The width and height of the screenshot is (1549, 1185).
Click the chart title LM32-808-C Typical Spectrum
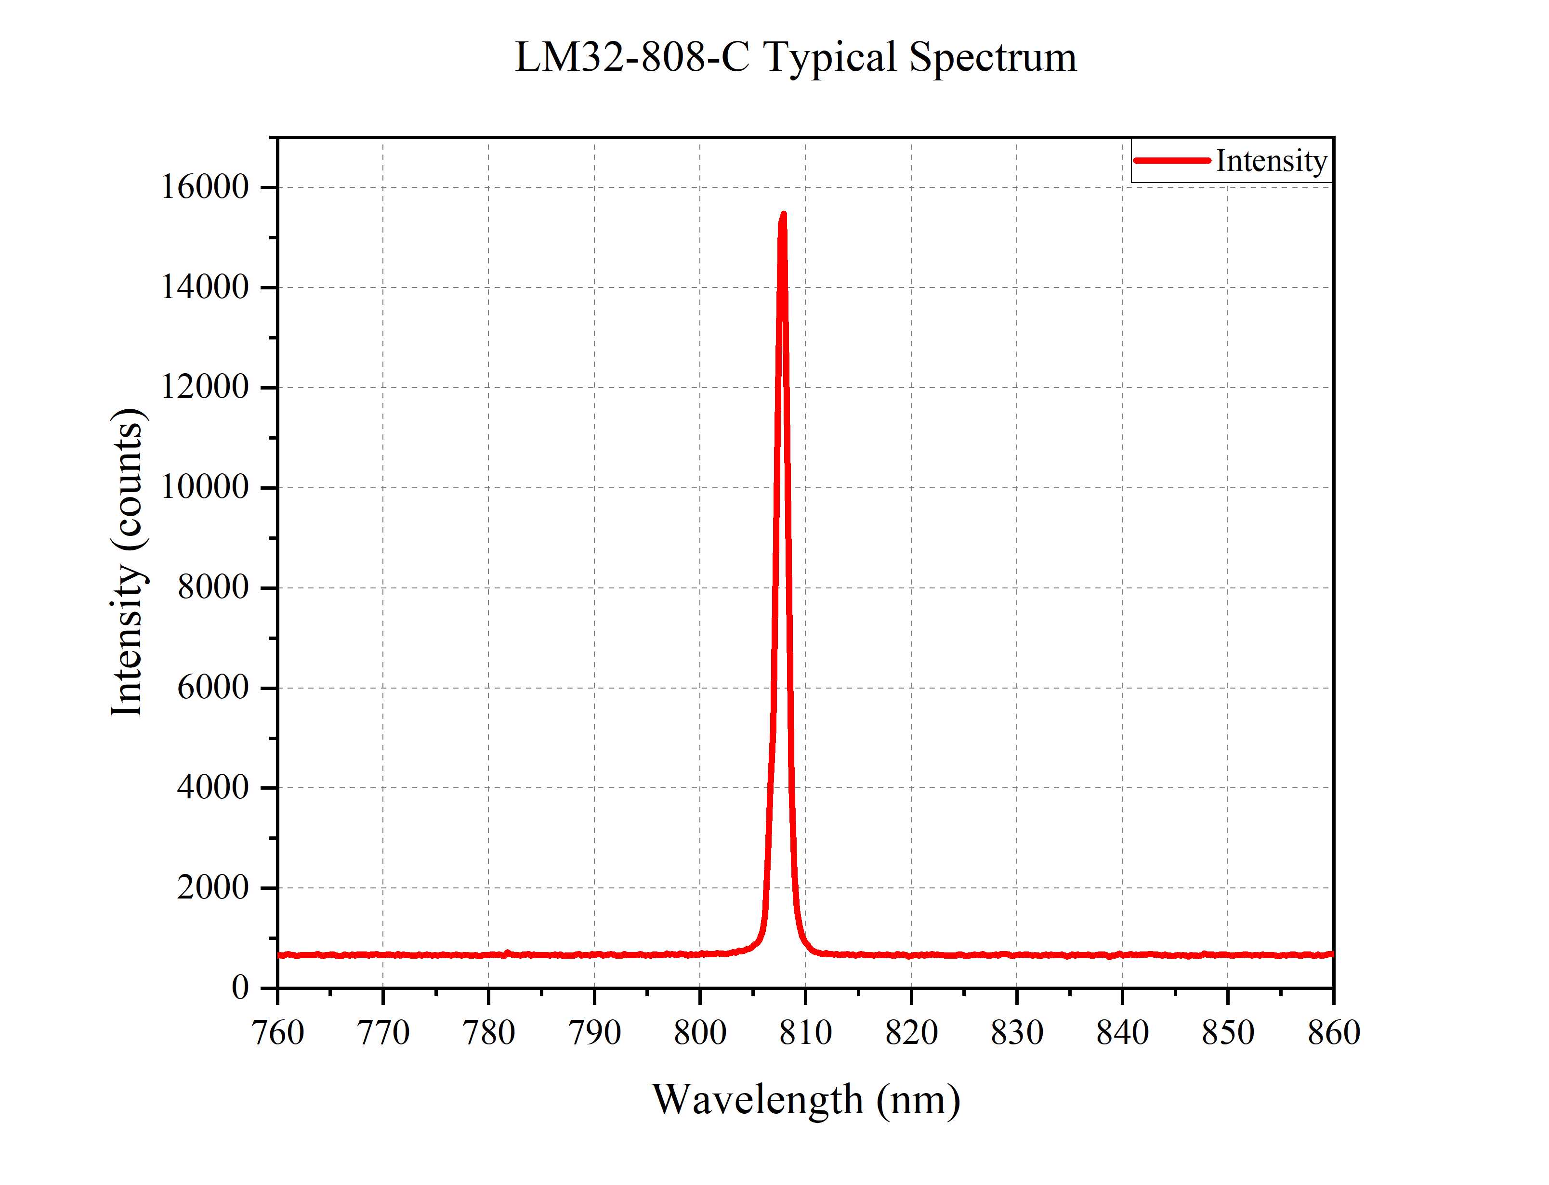pos(796,58)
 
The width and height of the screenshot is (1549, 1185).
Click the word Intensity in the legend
pos(1271,161)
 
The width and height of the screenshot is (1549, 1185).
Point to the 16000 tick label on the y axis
pos(205,188)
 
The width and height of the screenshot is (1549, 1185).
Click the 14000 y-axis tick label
pos(205,288)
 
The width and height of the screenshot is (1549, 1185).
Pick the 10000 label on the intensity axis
pos(205,487)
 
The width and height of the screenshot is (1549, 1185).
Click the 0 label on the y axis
pos(240,988)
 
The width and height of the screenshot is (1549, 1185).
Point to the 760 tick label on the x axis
pos(278,1033)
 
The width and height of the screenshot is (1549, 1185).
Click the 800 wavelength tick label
pos(700,1033)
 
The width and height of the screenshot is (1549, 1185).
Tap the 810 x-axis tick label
pos(805,1033)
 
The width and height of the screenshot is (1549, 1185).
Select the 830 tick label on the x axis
pos(1016,1033)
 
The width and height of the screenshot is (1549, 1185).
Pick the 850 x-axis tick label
pos(1227,1033)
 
